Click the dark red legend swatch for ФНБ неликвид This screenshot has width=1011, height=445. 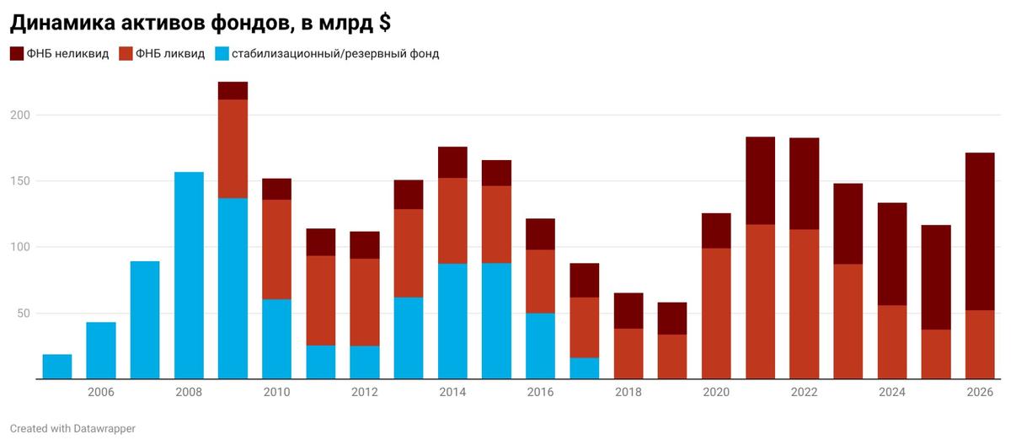[16, 54]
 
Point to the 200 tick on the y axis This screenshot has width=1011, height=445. [19, 115]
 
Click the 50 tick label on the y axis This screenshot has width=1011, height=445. [22, 314]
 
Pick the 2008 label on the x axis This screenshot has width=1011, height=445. [189, 392]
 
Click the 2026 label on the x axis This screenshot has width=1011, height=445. [980, 392]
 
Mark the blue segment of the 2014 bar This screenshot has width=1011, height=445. [452, 321]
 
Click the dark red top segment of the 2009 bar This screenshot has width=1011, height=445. [233, 91]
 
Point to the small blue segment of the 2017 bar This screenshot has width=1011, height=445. [584, 368]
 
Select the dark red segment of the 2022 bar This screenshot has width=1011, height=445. [804, 184]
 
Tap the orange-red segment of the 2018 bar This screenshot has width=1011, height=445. [629, 354]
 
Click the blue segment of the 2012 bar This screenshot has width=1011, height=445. [365, 362]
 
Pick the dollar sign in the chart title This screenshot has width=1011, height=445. [383, 22]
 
